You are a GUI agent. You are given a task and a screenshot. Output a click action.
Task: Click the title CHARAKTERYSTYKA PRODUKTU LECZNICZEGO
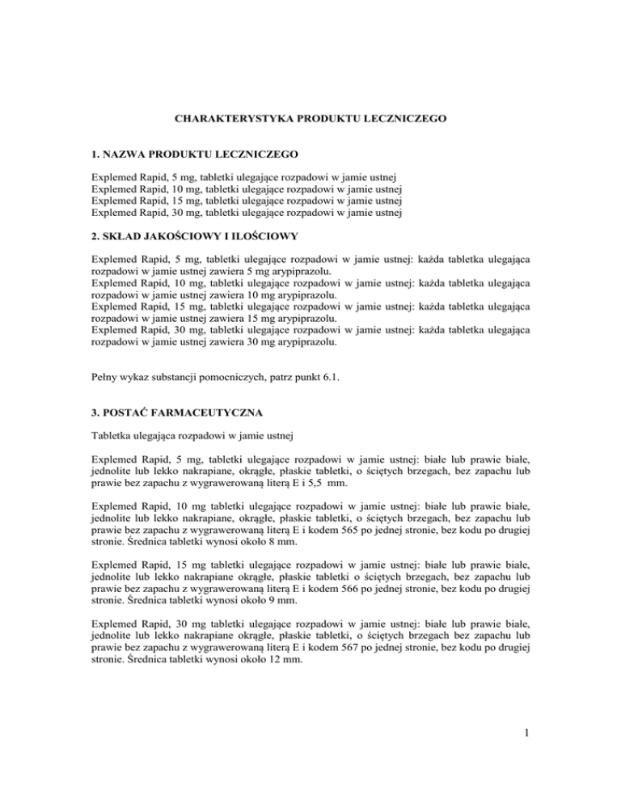click(x=310, y=118)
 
